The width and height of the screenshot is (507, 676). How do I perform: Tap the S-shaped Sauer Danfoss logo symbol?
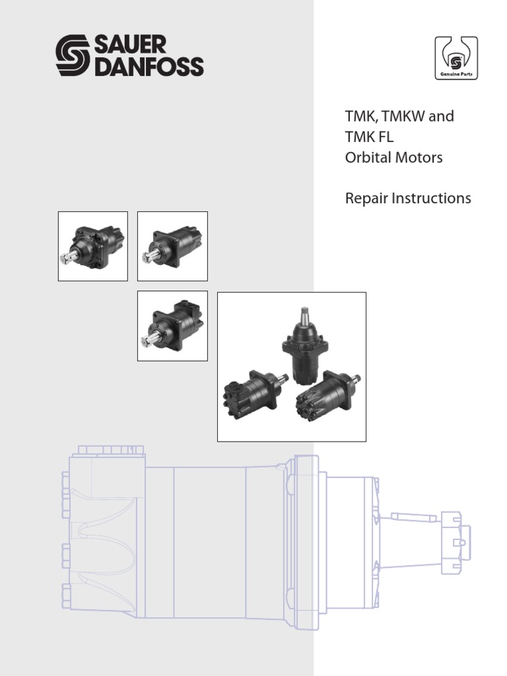tap(75, 56)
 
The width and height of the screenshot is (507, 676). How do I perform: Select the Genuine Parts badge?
tap(456, 59)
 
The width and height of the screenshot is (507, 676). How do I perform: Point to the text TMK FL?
tap(369, 137)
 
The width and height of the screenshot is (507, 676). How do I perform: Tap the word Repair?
tap(366, 199)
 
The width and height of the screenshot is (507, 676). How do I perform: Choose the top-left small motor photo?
tap(93, 246)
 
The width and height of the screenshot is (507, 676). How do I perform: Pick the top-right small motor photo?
tap(172, 246)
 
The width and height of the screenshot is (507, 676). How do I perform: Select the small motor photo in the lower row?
tap(172, 326)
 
